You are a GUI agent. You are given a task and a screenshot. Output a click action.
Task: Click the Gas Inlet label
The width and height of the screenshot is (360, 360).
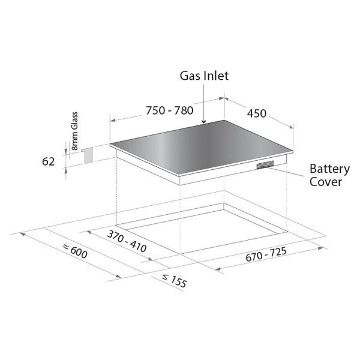point(204,76)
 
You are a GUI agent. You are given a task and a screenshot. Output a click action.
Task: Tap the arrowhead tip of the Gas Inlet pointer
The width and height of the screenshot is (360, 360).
point(203,124)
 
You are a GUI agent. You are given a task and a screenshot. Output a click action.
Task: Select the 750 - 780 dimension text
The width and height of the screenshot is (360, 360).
point(170,110)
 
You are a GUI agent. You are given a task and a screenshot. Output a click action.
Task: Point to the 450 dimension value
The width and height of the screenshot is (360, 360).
point(256,113)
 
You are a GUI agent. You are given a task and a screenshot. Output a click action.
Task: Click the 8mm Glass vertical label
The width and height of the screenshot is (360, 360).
point(74,131)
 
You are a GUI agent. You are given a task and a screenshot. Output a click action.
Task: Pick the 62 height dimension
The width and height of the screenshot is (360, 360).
point(49,161)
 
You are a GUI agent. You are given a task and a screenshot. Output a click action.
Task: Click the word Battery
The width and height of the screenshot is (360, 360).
point(329,169)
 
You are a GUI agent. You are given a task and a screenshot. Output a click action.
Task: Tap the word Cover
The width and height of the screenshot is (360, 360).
point(326,182)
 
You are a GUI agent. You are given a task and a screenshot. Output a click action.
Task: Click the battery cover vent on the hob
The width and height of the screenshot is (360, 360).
point(265,165)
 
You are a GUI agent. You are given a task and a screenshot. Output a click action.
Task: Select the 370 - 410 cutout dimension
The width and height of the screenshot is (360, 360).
point(127,241)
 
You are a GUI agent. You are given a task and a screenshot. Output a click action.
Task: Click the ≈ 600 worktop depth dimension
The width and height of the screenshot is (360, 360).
point(75,251)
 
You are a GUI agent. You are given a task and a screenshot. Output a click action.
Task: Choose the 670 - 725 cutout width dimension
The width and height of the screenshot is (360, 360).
point(266,254)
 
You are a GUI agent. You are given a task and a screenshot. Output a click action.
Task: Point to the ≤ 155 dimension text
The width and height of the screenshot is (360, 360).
point(174,281)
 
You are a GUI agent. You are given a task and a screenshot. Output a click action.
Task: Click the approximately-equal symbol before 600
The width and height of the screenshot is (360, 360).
point(66,247)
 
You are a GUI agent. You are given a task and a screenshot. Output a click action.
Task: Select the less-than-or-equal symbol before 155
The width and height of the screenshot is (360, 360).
point(166,277)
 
